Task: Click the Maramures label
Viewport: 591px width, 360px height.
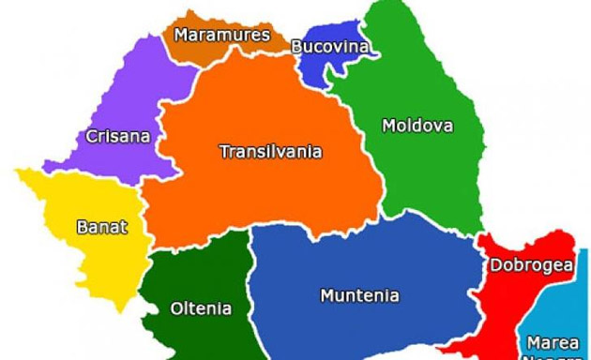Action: [222, 36]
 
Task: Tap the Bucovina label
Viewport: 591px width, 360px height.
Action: [328, 46]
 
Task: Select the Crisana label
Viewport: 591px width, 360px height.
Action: [117, 136]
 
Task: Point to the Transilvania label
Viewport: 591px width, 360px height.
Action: [270, 151]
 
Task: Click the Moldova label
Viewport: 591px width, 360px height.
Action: [417, 125]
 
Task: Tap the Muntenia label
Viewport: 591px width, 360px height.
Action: [359, 295]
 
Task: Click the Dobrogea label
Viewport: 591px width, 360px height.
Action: [531, 265]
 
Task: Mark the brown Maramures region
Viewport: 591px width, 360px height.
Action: [202, 52]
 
